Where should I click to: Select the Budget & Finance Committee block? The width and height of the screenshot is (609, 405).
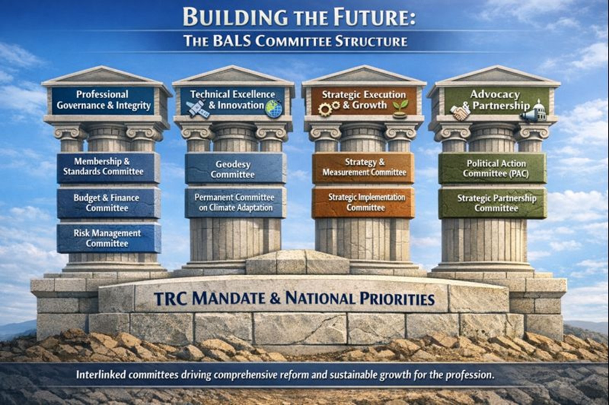click(108, 203)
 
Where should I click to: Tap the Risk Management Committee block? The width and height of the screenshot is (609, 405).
click(108, 238)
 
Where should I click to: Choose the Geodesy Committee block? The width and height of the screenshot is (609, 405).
click(235, 169)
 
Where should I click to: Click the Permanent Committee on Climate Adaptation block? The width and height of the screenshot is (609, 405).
click(235, 202)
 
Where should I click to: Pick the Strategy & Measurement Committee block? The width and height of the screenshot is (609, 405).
click(363, 168)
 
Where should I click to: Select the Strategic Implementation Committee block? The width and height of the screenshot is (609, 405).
click(363, 202)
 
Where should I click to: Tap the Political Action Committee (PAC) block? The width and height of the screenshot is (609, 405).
click(493, 168)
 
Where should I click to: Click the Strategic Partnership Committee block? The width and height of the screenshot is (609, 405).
click(493, 203)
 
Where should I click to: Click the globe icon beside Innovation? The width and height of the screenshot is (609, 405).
click(274, 109)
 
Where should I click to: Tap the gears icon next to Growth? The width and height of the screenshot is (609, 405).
click(329, 109)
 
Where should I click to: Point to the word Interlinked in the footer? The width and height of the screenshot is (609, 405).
click(100, 375)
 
